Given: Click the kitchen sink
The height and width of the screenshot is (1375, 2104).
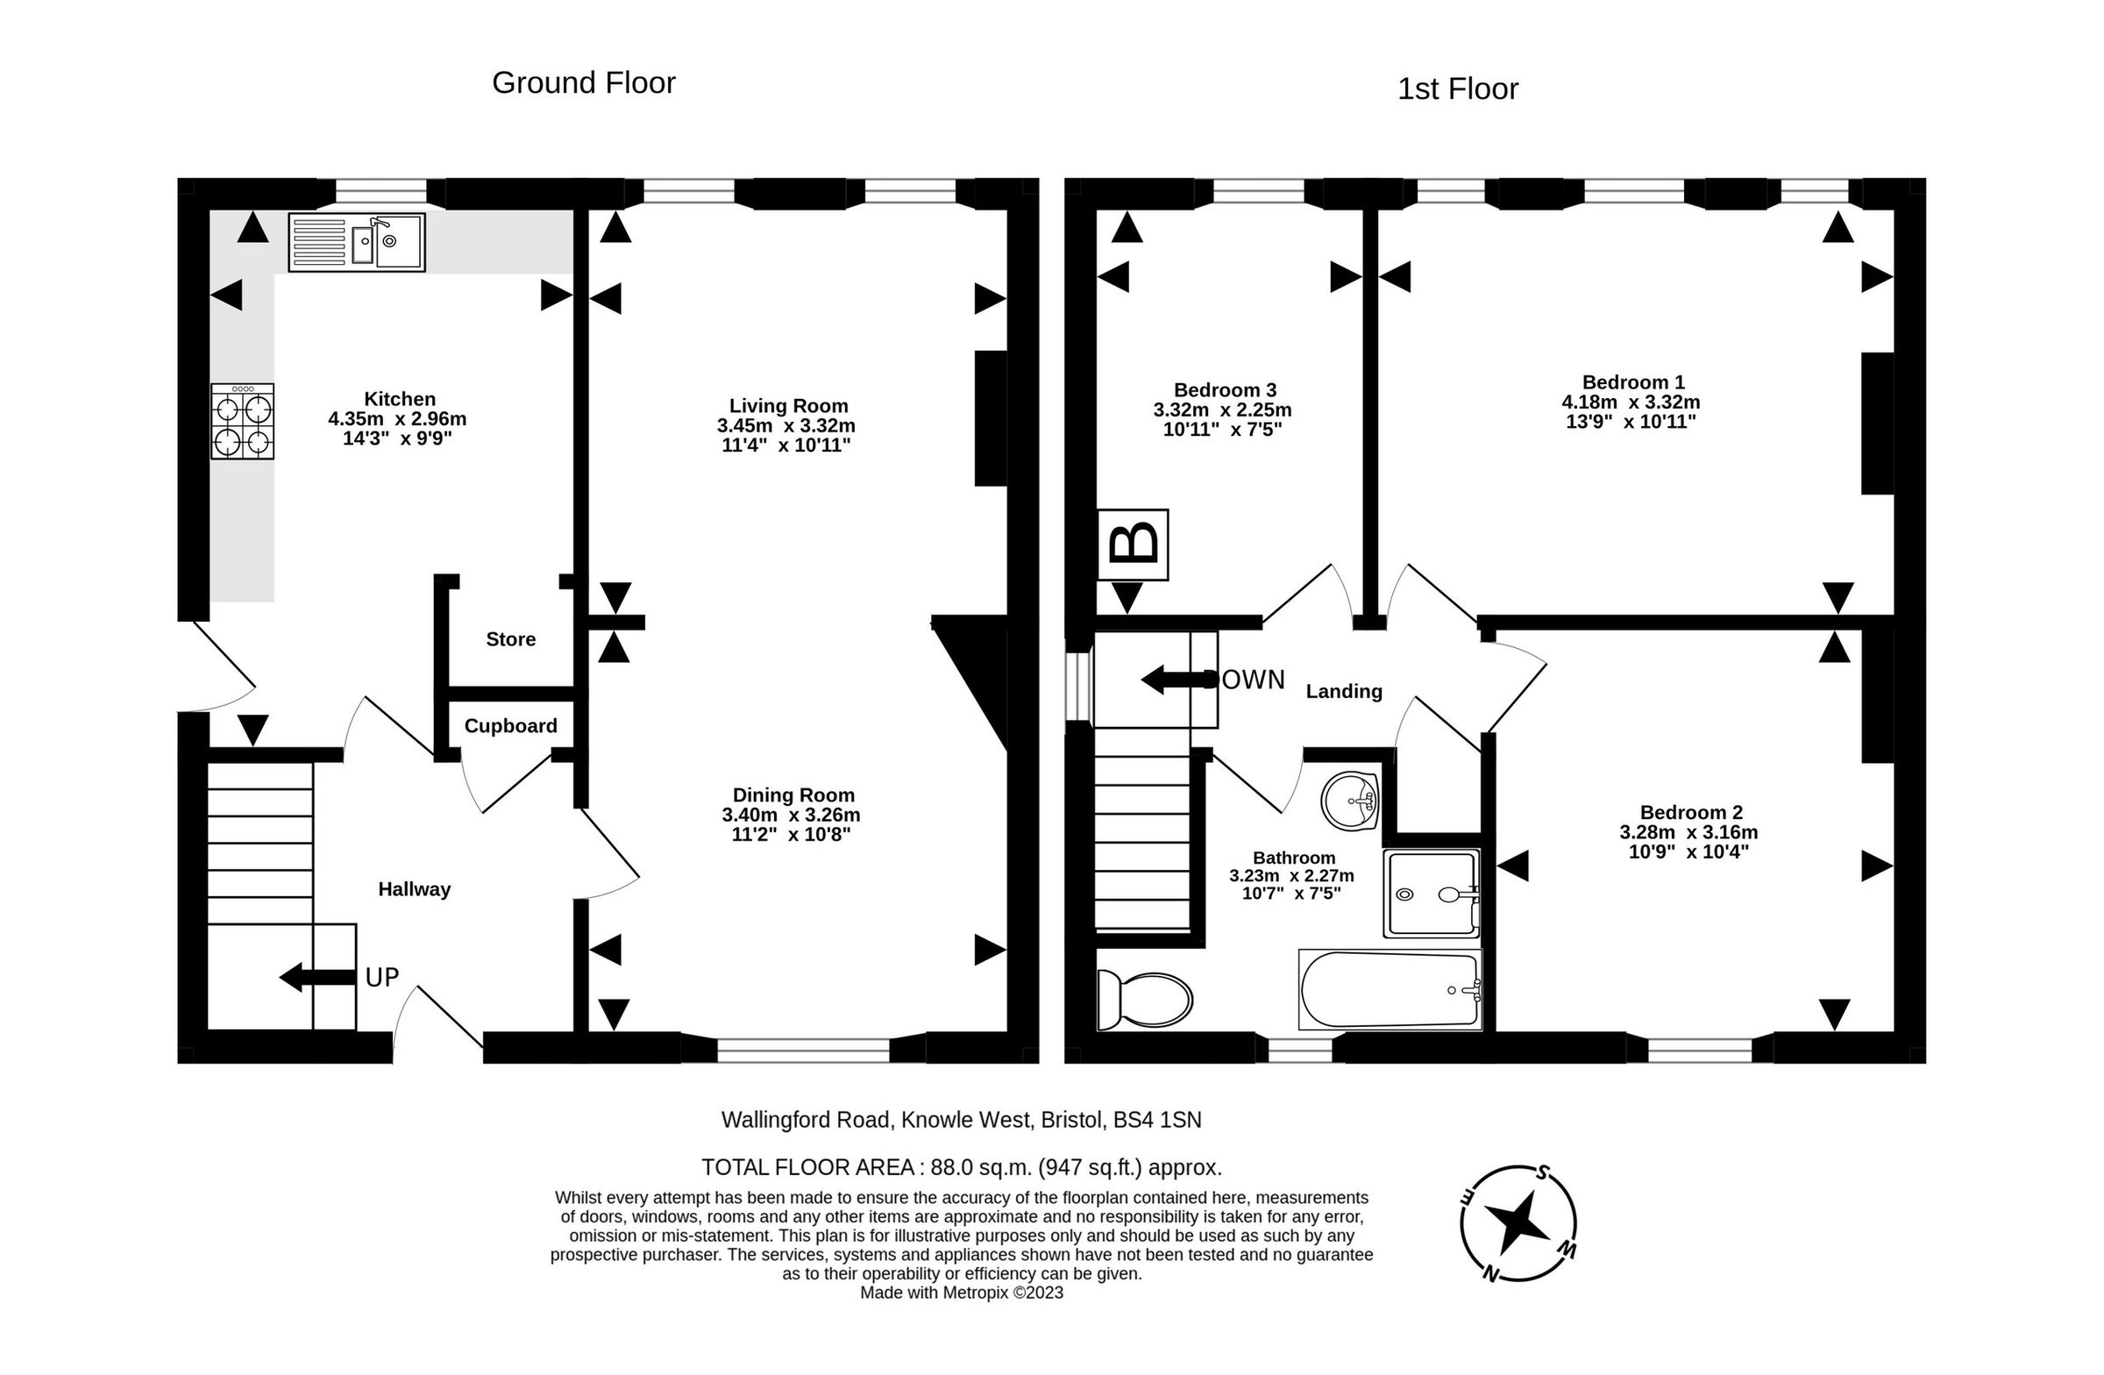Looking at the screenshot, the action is point(356,241).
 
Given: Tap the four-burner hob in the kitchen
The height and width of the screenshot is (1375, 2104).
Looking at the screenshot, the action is point(242,421).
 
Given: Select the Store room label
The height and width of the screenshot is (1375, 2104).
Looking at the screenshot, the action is point(511,639).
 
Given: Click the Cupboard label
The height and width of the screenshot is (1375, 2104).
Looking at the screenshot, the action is point(511,726).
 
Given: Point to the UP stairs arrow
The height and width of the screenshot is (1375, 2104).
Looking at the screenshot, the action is point(317,977).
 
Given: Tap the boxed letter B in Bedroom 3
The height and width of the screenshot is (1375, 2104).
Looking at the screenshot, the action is point(1133,545).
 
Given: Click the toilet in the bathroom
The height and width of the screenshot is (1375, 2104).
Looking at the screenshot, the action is point(1145,1000).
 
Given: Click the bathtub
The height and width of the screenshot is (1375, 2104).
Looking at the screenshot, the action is point(1390,989).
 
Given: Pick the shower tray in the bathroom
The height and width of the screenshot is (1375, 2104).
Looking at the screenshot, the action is point(1432,893).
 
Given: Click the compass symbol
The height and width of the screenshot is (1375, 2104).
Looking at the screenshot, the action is point(1518,1222).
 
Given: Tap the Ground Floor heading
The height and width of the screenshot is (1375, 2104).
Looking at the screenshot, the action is point(584,82).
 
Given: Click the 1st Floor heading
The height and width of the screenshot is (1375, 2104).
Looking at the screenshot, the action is point(1458,89).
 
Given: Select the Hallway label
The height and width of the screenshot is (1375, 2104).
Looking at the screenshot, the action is point(415,889).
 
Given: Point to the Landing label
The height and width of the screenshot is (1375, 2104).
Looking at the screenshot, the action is point(1344,692).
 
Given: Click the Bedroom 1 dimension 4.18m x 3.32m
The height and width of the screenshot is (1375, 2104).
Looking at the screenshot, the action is point(1631,403).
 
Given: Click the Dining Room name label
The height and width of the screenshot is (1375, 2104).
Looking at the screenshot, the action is point(793,795).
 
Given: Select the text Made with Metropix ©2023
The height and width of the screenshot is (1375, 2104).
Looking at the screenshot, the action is point(962,1293).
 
